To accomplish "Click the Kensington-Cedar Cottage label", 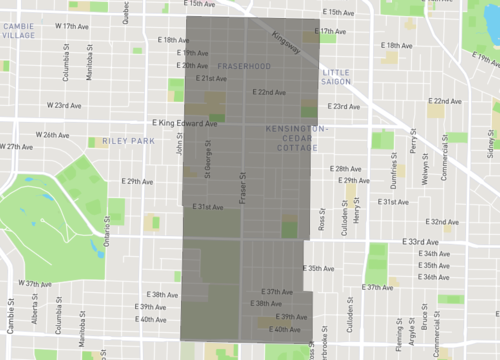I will [x=296, y=139].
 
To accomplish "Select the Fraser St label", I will [x=242, y=186].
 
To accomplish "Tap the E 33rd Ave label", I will [x=420, y=242].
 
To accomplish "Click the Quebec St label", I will [x=126, y=10].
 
